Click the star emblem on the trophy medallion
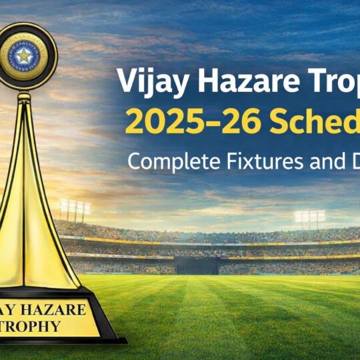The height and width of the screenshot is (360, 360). click(x=24, y=55)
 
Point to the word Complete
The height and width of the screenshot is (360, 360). click(x=161, y=161)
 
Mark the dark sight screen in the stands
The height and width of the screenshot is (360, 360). click(x=195, y=265)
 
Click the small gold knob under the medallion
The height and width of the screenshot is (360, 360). click(x=24, y=96)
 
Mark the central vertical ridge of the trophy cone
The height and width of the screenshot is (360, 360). click(x=25, y=200)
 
